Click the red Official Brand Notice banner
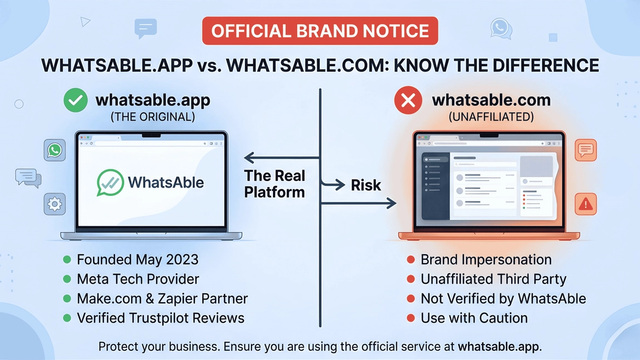pos(319,30)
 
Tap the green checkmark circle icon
pos(74,101)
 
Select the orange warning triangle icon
pos(586,204)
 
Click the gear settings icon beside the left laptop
pos(53,204)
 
